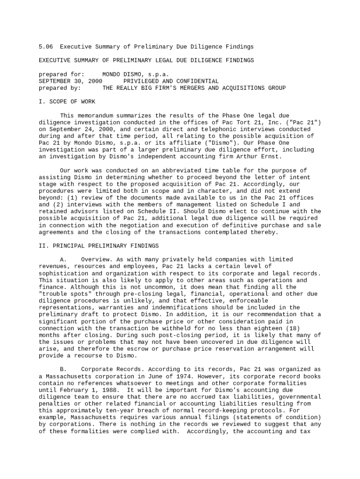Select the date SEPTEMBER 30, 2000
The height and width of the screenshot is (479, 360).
click(x=70, y=81)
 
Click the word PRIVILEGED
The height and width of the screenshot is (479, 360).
click(x=141, y=81)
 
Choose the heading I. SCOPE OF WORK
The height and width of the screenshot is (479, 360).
click(x=67, y=102)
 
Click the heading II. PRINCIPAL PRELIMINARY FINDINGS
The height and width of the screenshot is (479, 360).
click(x=99, y=246)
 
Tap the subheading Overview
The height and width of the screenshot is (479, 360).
click(x=96, y=260)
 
